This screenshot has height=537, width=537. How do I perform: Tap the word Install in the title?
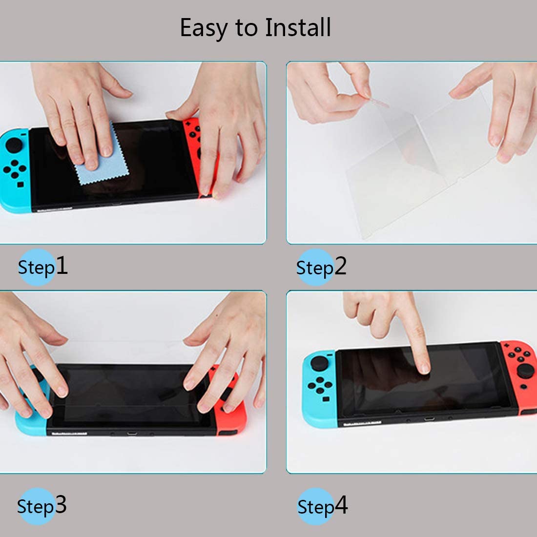pyautogui.click(x=298, y=27)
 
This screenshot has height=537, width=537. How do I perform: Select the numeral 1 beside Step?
pyautogui.click(x=62, y=265)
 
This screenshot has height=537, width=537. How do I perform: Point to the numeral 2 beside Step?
pyautogui.click(x=340, y=266)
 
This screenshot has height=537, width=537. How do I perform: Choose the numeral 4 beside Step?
pyautogui.click(x=341, y=505)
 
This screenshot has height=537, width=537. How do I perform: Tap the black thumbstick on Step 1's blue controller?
pyautogui.click(x=14, y=145)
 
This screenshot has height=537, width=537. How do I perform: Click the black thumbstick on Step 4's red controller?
pyautogui.click(x=526, y=371)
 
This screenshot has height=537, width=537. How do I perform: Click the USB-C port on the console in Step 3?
pyautogui.click(x=132, y=434)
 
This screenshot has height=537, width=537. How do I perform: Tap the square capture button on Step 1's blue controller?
pyautogui.click(x=21, y=185)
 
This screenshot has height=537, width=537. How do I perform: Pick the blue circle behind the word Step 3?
pyautogui.click(x=36, y=506)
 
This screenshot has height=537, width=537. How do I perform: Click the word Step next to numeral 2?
pyautogui.click(x=315, y=268)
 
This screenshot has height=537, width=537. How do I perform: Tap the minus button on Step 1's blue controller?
pyautogui.click(x=23, y=134)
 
